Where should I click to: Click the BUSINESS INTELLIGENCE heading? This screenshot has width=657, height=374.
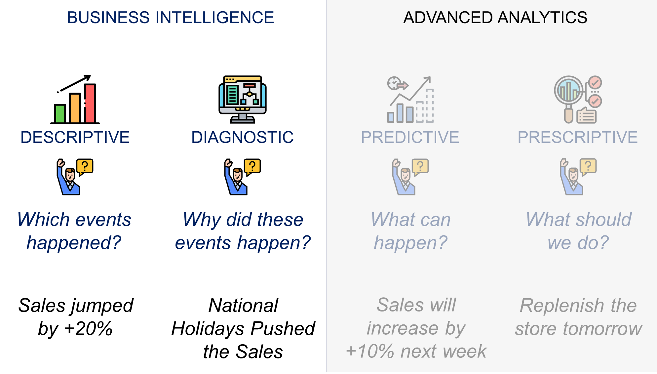(x=171, y=18)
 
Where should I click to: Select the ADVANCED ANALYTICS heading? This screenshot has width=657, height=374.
(x=495, y=18)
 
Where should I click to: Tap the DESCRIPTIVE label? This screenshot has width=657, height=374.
(x=75, y=137)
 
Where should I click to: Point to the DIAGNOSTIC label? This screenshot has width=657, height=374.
(x=243, y=137)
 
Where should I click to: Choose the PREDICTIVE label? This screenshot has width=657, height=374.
(x=410, y=137)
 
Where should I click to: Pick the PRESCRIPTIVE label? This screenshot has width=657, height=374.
(x=578, y=137)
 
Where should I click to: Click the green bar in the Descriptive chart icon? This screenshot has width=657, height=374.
(x=60, y=114)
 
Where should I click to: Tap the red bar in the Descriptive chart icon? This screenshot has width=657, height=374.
(x=90, y=104)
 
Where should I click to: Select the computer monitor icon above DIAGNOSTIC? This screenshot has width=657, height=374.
(x=243, y=100)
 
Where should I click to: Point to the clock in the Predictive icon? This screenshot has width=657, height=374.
(x=394, y=83)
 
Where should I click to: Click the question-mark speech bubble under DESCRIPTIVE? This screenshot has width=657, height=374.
(x=85, y=167)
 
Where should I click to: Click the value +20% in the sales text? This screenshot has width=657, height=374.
(x=88, y=329)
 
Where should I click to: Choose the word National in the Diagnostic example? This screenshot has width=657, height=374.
(x=243, y=305)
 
